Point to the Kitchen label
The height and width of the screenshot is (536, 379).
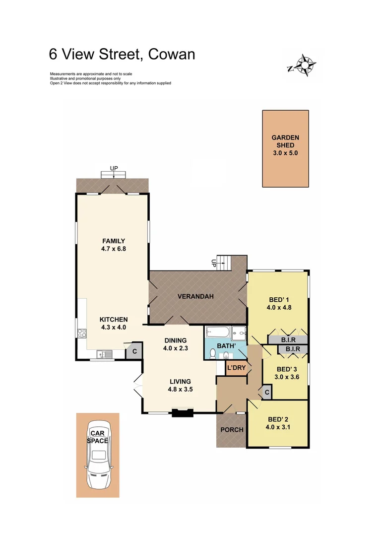114,320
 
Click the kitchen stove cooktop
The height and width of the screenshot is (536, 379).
81,334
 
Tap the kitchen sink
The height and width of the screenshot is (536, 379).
105,354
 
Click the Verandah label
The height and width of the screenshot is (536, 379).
195,297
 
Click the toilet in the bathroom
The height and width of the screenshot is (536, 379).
212,353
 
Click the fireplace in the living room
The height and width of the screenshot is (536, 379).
182,412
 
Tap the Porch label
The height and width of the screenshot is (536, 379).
232,430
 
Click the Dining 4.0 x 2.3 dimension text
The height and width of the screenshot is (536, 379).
176,348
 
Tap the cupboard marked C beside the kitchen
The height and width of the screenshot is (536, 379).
133,351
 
